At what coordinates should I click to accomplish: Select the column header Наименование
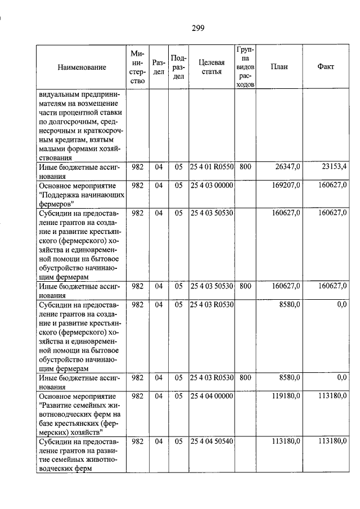point(82,67)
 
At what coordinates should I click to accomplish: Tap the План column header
point(278,66)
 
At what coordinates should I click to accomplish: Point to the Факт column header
point(326,66)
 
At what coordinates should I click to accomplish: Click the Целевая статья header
point(211,67)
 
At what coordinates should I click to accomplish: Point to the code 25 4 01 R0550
point(212,167)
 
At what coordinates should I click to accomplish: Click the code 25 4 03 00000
point(212,184)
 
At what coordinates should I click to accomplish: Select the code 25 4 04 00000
point(212,396)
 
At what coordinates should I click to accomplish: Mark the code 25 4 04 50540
point(212,442)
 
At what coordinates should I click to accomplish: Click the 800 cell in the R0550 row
point(245,167)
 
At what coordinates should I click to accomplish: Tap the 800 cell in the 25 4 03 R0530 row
point(245,379)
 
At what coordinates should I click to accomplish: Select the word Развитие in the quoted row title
point(56,405)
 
